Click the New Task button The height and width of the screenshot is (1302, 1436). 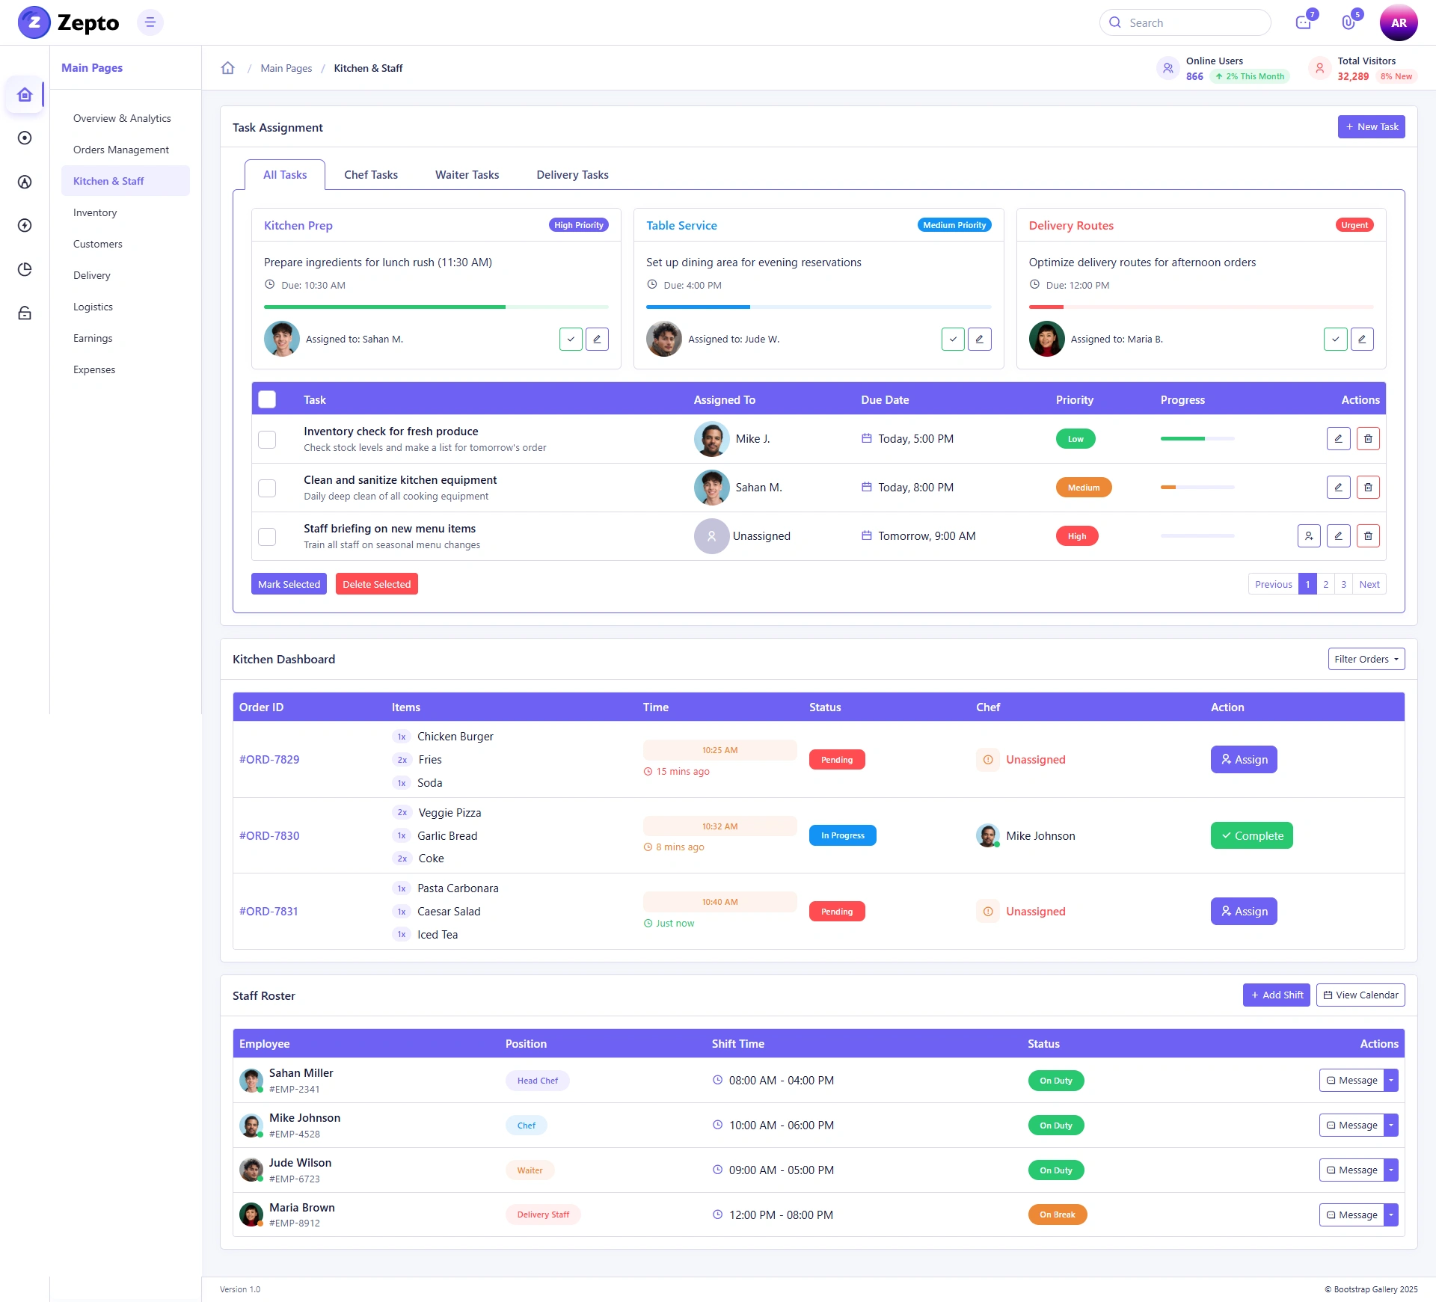[x=1371, y=127]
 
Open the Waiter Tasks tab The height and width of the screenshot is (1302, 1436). [x=467, y=175]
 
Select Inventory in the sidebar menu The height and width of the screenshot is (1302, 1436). [x=95, y=212]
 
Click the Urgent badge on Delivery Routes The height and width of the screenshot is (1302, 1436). [x=1354, y=225]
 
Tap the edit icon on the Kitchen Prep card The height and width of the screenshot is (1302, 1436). [x=597, y=339]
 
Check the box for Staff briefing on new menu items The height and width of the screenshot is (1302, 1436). [x=267, y=536]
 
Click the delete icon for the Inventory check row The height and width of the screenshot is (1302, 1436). [x=1368, y=439]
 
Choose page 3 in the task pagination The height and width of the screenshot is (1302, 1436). [x=1343, y=584]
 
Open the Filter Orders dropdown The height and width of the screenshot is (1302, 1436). [x=1366, y=659]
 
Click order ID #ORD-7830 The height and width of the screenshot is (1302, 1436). [x=269, y=835]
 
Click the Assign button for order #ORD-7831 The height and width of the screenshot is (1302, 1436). [x=1244, y=911]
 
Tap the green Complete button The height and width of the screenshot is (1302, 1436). [x=1252, y=835]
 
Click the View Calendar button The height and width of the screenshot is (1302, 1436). [x=1360, y=995]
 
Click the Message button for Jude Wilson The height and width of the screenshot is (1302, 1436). [x=1351, y=1170]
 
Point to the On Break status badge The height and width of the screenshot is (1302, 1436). [x=1058, y=1215]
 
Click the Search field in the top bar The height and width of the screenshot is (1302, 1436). [x=1185, y=22]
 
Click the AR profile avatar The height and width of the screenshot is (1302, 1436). [x=1399, y=22]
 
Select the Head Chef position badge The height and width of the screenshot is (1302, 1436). [x=538, y=1081]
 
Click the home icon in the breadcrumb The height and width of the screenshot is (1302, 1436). [x=228, y=68]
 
